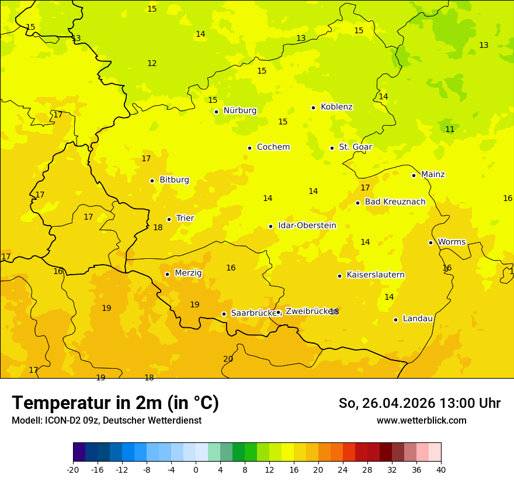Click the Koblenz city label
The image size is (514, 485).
click(336, 107)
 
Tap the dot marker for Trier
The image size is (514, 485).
click(169, 219)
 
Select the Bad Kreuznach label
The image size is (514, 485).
click(395, 202)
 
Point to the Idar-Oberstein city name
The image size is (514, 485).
click(307, 226)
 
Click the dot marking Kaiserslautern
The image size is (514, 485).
click(339, 276)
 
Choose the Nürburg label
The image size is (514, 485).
click(239, 110)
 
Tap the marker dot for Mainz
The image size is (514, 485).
click(414, 175)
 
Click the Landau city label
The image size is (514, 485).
click(418, 318)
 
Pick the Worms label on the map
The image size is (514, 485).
click(452, 242)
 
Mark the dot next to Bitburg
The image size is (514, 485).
click(152, 181)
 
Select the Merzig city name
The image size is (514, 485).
click(188, 273)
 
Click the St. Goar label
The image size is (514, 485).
click(355, 147)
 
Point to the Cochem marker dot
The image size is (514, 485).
click(249, 148)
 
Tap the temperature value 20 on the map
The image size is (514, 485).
click(228, 359)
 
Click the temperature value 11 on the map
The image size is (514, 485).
click(450, 129)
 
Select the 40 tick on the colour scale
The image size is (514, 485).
click(441, 469)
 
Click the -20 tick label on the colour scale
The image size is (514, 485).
click(73, 469)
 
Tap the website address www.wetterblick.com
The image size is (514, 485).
click(421, 420)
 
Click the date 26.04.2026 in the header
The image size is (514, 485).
click(398, 403)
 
